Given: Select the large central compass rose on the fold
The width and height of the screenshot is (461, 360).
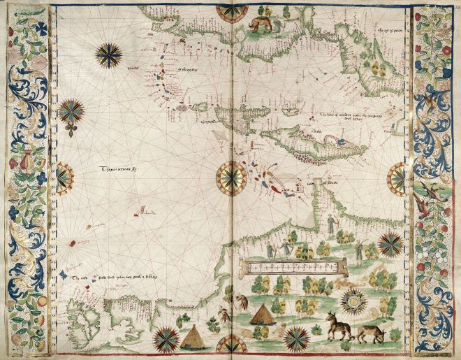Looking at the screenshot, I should click(230, 178).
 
